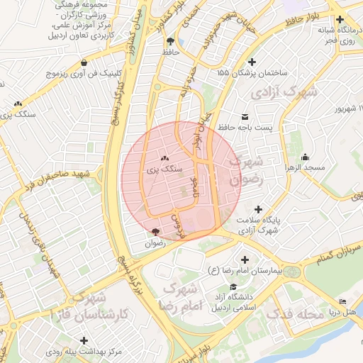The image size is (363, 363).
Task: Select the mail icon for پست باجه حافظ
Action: click(245, 116)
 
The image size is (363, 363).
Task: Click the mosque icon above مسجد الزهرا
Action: click(305, 157)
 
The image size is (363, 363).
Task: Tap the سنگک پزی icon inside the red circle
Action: click(164, 158)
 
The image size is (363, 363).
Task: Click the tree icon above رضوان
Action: click(155, 231)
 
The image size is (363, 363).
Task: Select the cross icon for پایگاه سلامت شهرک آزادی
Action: click(259, 209)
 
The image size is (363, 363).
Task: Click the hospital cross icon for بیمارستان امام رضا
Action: click(245, 260)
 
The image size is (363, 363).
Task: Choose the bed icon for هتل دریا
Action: click(343, 301)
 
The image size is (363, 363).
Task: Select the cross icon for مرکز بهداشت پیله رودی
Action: click(84, 340)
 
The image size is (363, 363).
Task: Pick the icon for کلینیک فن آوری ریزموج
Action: click(84, 62)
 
